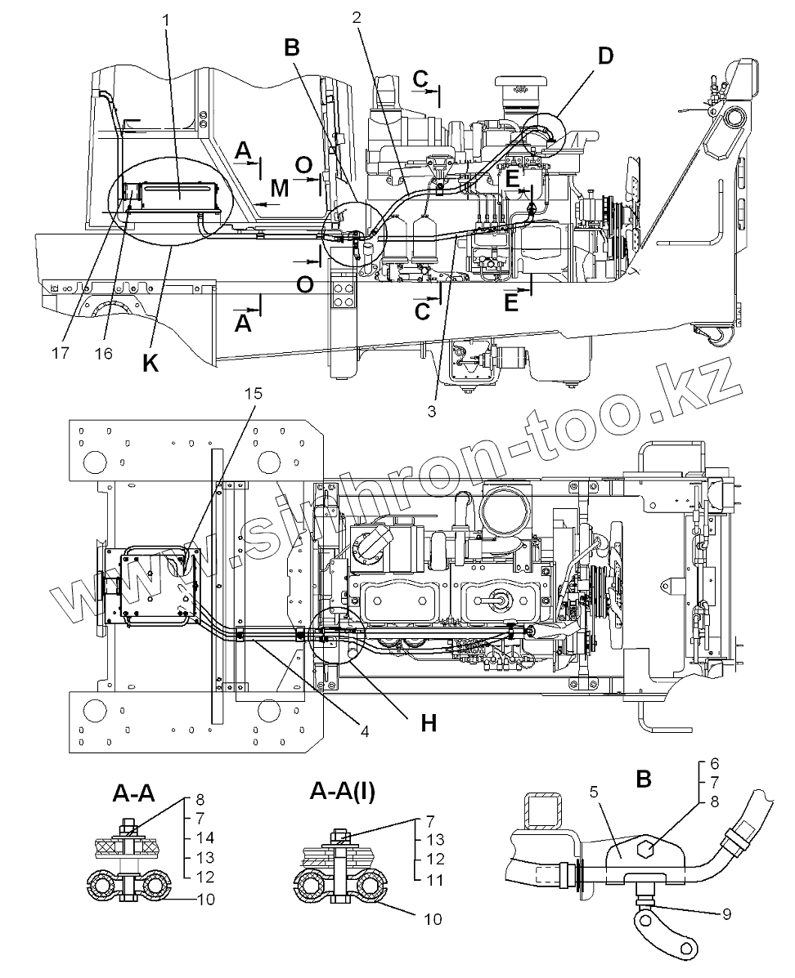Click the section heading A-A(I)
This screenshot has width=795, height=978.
coord(344,791)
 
